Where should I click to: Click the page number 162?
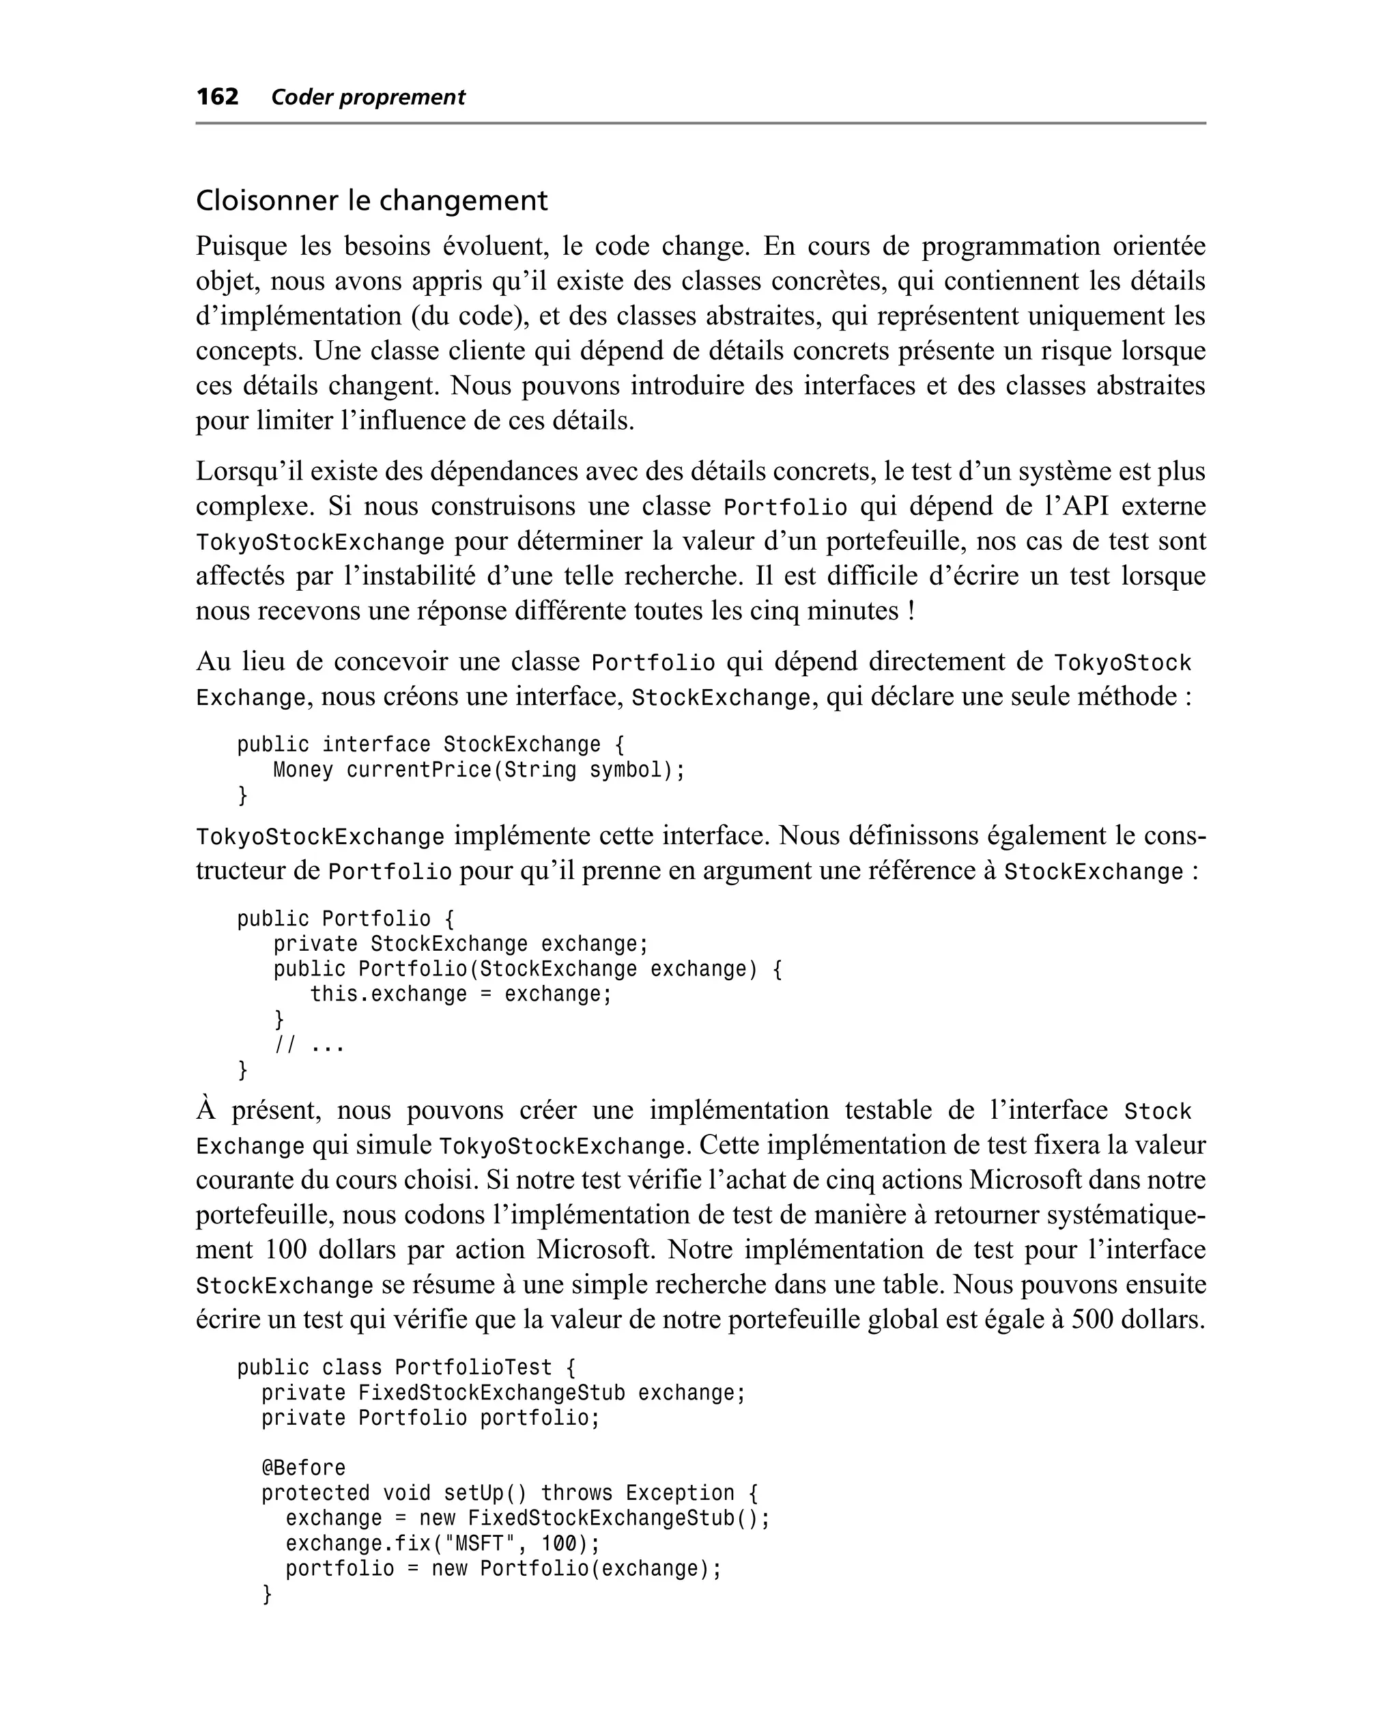(218, 97)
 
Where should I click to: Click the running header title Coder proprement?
(368, 98)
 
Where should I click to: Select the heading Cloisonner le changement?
(371, 201)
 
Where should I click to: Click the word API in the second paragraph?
(1085, 506)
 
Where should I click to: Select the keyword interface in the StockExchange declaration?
(376, 745)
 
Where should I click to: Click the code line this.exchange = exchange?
(461, 994)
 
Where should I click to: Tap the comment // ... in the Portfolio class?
(309, 1045)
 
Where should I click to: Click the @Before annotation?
(304, 1468)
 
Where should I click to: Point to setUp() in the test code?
(485, 1493)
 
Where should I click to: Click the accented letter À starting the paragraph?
(206, 1110)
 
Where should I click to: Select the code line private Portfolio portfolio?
(431, 1418)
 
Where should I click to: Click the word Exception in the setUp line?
(680, 1493)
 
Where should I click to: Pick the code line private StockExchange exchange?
(461, 943)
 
